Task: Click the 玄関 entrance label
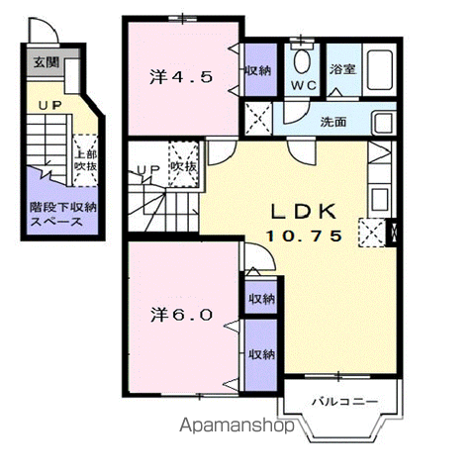click(x=47, y=62)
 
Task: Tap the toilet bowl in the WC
click(x=302, y=61)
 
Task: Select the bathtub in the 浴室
click(x=379, y=69)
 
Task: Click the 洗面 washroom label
click(x=333, y=122)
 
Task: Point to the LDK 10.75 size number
click(x=304, y=237)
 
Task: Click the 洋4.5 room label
click(x=181, y=77)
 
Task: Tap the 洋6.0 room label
click(x=181, y=316)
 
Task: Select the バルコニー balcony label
click(x=344, y=402)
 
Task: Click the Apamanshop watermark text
click(x=237, y=426)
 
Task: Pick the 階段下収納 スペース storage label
click(x=62, y=214)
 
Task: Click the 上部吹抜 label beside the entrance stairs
click(x=85, y=160)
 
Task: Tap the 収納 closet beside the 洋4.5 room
click(x=260, y=70)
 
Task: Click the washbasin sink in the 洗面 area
click(x=383, y=123)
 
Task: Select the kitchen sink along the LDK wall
click(x=379, y=197)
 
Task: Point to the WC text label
click(x=304, y=86)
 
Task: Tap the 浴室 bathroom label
click(x=342, y=69)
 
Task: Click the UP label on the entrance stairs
click(x=50, y=105)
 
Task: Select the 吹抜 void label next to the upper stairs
click(x=183, y=166)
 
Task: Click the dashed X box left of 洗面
click(x=258, y=118)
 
